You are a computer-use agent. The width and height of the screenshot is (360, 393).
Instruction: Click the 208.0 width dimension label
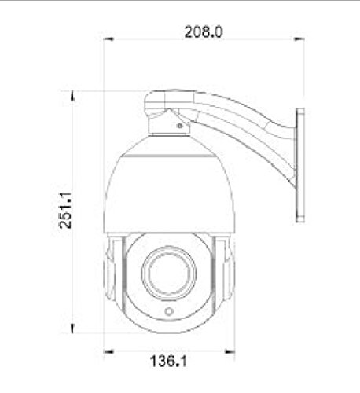(204, 32)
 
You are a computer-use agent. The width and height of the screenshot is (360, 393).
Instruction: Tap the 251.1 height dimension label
(65, 210)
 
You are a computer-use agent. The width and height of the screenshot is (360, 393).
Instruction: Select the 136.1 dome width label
(169, 361)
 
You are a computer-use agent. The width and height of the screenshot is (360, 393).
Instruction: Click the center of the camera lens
(169, 273)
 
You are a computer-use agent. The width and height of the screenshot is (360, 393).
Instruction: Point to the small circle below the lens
(169, 311)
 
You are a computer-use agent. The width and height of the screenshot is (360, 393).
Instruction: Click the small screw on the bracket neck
(180, 126)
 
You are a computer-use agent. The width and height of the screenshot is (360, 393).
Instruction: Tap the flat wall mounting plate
(300, 166)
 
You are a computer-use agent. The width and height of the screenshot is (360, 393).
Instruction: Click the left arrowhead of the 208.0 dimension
(108, 39)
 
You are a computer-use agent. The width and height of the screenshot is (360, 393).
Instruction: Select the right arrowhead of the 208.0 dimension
(299, 39)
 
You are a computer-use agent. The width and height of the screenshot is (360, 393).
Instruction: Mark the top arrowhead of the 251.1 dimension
(72, 96)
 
